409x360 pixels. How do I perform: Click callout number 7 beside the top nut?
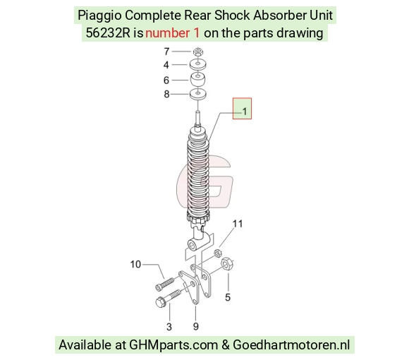coord(166,52)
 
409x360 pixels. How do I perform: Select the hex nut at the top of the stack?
coord(198,52)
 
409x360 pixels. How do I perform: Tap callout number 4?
coord(166,65)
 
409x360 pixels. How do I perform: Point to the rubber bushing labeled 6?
coord(197,80)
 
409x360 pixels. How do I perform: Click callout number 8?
coord(166,94)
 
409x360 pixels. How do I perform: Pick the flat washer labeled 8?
coord(198,94)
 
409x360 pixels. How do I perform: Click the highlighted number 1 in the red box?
coord(245,112)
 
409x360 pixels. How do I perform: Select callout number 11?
coord(238,224)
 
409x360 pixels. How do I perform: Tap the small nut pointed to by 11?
coord(218,253)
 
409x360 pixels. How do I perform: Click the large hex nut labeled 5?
coord(227,264)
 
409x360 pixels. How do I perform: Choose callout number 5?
coord(228,297)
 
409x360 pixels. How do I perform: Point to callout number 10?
coord(135,265)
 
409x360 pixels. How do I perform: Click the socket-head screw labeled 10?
coord(164,284)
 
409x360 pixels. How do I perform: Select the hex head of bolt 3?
coord(160,303)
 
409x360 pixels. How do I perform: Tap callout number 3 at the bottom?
coord(169,327)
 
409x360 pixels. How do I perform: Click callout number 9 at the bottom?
coord(196,326)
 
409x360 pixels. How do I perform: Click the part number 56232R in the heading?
coord(108,33)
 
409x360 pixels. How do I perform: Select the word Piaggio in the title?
coord(99,16)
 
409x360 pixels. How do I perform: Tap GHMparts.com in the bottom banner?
coord(173,345)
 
